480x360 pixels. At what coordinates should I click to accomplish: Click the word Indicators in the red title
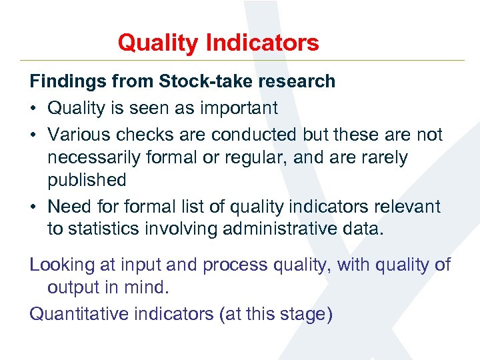coord(263,43)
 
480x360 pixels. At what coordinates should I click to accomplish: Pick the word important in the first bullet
coord(236,108)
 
